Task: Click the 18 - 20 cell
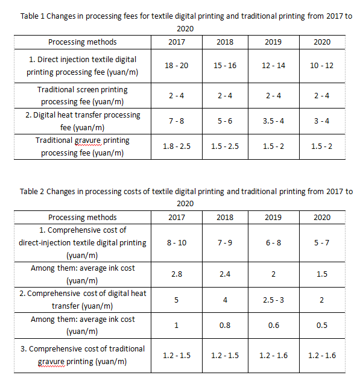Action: tap(177, 66)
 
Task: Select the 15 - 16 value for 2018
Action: tap(225, 66)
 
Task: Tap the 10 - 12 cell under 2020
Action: tap(321, 66)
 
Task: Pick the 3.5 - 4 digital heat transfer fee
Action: tap(273, 121)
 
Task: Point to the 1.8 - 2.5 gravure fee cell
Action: tap(177, 146)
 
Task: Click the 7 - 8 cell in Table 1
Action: tap(177, 121)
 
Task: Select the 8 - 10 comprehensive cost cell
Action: tap(177, 243)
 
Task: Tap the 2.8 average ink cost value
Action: tap(177, 274)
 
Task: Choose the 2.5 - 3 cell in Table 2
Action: tap(273, 300)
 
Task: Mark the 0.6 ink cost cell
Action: tap(273, 326)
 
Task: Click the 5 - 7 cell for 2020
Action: tap(321, 243)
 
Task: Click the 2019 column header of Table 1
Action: tap(273, 42)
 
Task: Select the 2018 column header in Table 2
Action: tap(225, 218)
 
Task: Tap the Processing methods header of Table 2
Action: tap(83, 218)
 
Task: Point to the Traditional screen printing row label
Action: tap(83, 95)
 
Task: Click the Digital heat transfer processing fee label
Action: tap(83, 121)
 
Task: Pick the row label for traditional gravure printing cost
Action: tap(83, 355)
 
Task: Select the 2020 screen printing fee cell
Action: tap(321, 96)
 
